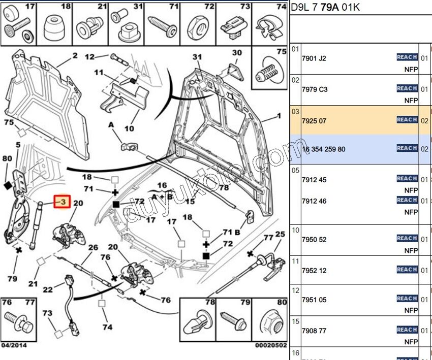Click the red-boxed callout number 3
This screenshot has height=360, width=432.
click(x=61, y=202)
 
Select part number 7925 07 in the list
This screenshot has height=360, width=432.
click(x=314, y=121)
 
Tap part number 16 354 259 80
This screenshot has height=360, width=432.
click(x=323, y=149)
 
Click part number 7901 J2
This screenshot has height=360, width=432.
click(x=314, y=58)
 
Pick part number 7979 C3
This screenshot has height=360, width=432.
click(x=315, y=89)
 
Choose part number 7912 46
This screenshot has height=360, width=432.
click(x=314, y=201)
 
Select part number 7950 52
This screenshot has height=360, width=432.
click(x=314, y=240)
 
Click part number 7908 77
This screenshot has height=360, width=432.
click(x=314, y=331)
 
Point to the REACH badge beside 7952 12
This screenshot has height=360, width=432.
click(x=407, y=269)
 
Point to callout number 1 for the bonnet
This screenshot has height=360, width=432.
click(x=279, y=116)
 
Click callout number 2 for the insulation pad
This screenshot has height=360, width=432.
click(x=75, y=55)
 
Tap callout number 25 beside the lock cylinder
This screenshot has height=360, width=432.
click(x=280, y=234)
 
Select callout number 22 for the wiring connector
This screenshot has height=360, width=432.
click(x=47, y=289)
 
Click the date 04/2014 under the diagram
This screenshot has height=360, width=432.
click(x=14, y=346)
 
